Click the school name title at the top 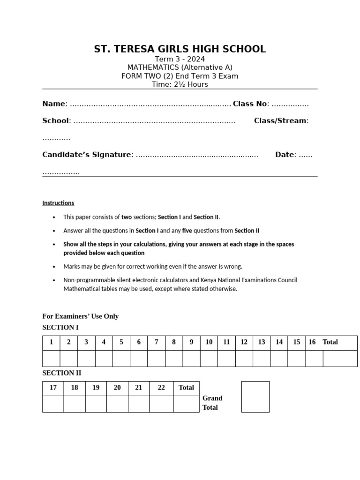tap(180, 49)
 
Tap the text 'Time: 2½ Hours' tap(180, 85)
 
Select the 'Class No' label tap(250, 104)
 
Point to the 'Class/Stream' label tap(280, 121)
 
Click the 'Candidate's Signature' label tap(87, 155)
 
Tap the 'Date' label tap(285, 155)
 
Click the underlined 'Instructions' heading tap(58, 203)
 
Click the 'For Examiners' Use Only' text tap(80, 316)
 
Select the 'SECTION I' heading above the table tap(60, 327)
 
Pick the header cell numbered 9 tap(191, 342)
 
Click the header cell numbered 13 tap(262, 342)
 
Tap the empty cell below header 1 tap(51, 358)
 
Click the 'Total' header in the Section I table tap(330, 342)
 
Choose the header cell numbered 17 tap(53, 388)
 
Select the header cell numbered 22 tap(161, 388)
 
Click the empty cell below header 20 tap(117, 404)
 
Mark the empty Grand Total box tap(255, 397)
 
